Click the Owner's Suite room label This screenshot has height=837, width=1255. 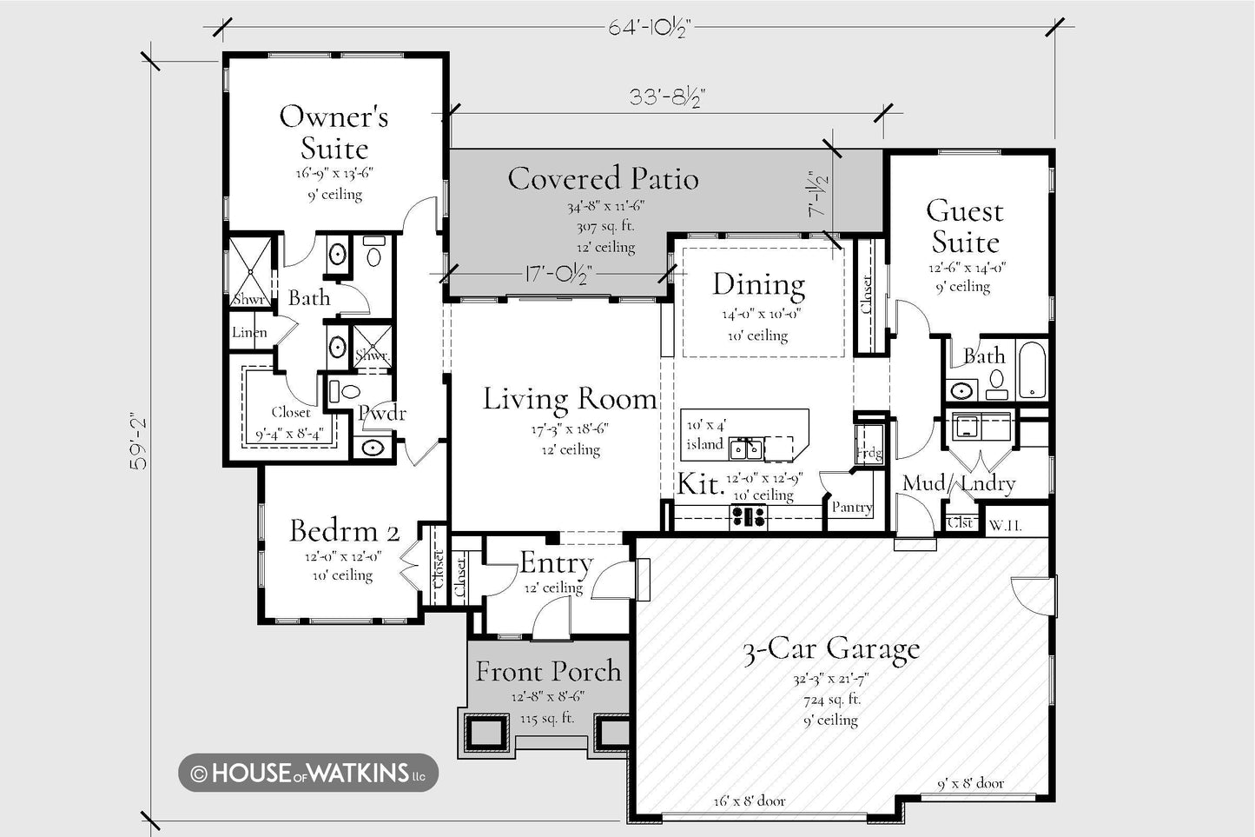point(334,132)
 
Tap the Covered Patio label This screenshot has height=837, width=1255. point(604,178)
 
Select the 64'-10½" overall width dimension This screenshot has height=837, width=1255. point(650,28)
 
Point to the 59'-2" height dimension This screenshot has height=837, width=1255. point(138,443)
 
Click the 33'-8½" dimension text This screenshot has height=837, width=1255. point(667,97)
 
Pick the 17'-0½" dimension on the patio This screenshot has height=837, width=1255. point(558,275)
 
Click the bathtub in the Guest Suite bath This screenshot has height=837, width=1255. point(1032,369)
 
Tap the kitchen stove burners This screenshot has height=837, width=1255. point(749,515)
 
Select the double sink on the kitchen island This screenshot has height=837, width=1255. point(746,448)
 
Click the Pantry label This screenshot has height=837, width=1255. point(852,508)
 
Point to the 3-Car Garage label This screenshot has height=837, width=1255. point(831,649)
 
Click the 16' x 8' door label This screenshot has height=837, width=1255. point(749,801)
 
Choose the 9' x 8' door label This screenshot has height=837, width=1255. point(970,783)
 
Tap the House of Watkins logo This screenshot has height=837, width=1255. point(308,773)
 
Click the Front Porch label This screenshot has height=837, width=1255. point(549,671)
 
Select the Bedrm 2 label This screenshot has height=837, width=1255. point(345,531)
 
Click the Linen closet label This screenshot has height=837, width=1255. point(249,332)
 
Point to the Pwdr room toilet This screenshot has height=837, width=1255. point(345,391)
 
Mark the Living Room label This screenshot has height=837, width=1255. point(570,399)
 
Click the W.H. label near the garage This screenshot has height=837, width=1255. point(1005,526)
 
